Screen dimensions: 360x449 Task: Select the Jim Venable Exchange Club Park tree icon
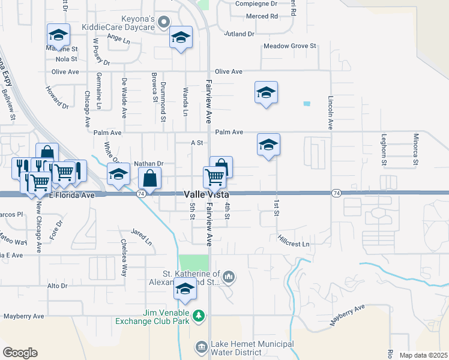pos(199,315)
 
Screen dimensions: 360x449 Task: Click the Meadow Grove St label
pos(290,46)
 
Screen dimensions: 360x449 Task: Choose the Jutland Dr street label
pos(239,34)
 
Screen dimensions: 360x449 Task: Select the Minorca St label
pos(415,149)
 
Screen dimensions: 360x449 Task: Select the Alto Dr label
pos(57,286)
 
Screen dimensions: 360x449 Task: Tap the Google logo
pos(20,353)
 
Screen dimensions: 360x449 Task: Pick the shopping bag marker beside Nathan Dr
pos(149,179)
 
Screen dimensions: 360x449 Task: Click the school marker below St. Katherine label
pos(185,289)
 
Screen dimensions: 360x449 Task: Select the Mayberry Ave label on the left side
pos(24,316)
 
